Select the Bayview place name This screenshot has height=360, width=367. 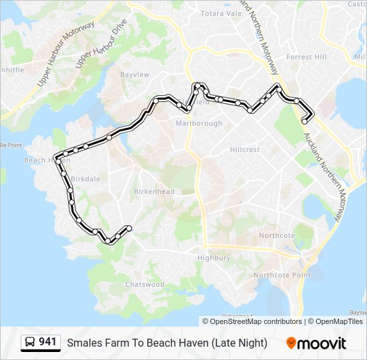pos(135,75)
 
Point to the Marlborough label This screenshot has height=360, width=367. pos(199,124)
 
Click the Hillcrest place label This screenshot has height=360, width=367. pos(244,150)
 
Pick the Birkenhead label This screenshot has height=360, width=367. pos(154,192)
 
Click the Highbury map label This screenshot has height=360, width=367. pos(214,258)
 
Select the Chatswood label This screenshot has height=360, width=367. pos(145,285)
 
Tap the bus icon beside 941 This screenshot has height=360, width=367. pos(30,343)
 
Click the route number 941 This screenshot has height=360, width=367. pos(47,343)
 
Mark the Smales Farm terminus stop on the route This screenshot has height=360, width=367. pos(305,121)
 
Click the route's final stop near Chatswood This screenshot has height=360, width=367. pos(128,229)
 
